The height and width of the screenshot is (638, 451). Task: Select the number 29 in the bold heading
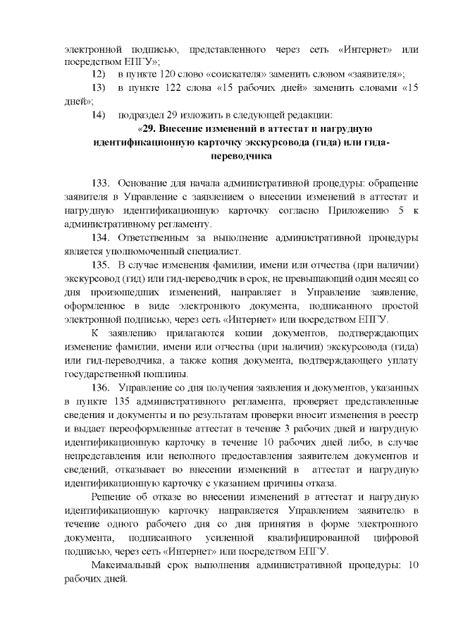(148, 128)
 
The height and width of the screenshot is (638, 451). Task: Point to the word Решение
(114, 498)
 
